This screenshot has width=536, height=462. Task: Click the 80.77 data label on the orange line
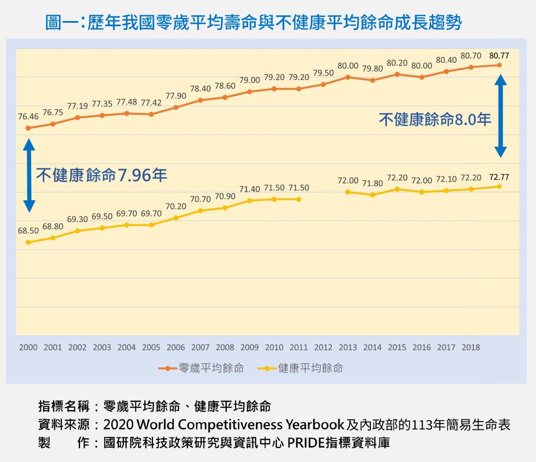499,56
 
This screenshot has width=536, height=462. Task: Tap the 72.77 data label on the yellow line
499,177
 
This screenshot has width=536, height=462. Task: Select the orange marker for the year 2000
28,128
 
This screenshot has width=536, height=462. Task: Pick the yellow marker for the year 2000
28,242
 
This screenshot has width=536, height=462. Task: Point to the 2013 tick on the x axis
348,347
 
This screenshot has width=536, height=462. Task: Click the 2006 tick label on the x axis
176,347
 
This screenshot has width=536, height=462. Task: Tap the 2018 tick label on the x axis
471,347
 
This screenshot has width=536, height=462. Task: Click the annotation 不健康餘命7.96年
102,176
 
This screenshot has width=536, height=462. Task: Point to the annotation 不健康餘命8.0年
435,120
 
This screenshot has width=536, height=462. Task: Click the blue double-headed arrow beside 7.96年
29,176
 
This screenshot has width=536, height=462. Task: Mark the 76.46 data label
28,117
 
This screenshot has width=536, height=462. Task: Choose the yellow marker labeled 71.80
372,195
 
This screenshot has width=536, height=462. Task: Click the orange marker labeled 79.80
372,80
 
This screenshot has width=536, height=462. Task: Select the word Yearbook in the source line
315,425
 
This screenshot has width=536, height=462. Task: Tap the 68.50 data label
28,231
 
